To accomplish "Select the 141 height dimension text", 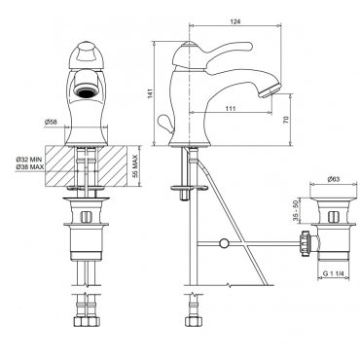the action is (150, 93).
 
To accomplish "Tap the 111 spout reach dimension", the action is (230, 108).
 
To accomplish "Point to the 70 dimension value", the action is (286, 120).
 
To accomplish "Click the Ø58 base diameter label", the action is (52, 123).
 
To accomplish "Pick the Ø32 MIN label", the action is (30, 160).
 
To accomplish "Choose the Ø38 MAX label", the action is (30, 166).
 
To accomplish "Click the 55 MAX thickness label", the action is (135, 166).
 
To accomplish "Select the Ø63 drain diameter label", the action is (334, 179).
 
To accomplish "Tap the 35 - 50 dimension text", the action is (296, 210).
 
